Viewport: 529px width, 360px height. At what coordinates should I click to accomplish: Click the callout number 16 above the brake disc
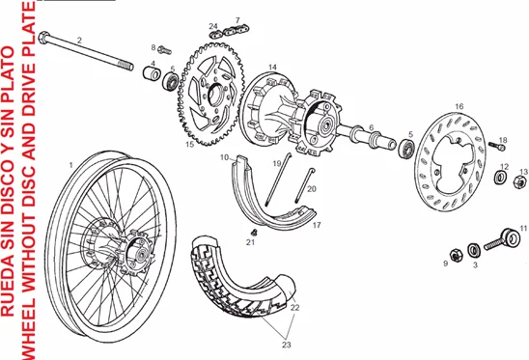[x=459, y=106]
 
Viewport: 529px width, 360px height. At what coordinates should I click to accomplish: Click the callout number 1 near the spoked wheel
[x=71, y=165]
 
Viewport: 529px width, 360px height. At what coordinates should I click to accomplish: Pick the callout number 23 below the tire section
[x=287, y=344]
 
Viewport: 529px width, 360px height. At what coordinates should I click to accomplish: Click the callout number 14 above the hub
[x=273, y=67]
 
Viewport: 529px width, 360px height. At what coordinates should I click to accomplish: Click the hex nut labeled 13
[x=522, y=180]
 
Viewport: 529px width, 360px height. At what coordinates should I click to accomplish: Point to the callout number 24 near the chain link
[x=213, y=25]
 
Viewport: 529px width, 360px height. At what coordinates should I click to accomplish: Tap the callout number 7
[x=237, y=19]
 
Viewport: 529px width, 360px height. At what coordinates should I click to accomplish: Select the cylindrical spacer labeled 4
[x=153, y=75]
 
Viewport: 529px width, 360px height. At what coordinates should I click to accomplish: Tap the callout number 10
[x=223, y=156]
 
